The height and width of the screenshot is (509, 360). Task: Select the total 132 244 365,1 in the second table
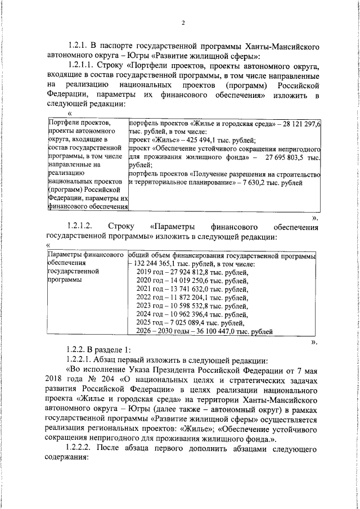pos(157,264)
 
